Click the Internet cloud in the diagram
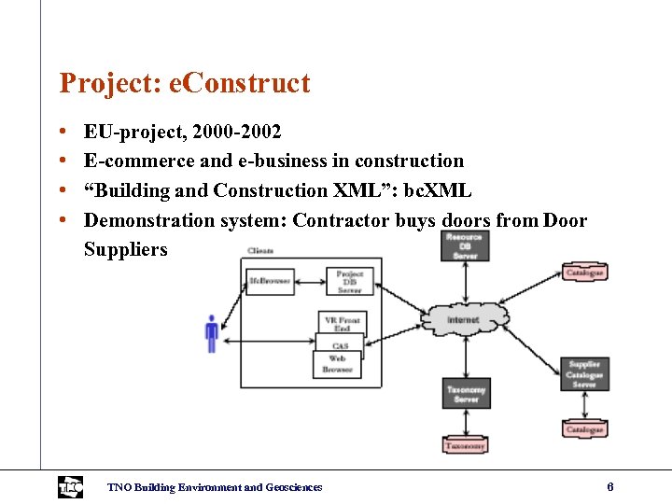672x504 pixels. pos(463,319)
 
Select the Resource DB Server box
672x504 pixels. pos(464,244)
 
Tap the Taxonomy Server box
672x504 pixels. pos(466,393)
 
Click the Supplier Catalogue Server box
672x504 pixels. pos(584,374)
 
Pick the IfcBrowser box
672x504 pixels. pos(269,280)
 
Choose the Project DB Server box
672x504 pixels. pos(349,282)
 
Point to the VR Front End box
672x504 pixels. pos(342,323)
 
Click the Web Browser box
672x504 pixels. pos(337,364)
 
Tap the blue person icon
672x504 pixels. pos(212,333)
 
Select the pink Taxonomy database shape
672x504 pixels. pos(465,445)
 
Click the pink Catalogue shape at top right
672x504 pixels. pos(584,273)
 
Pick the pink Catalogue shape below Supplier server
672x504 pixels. pos(584,429)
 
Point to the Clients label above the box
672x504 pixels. pos(261,250)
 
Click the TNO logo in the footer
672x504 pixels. pos(70,486)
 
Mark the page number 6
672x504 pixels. pos(609,486)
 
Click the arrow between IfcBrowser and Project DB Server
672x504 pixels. pos(309,280)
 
